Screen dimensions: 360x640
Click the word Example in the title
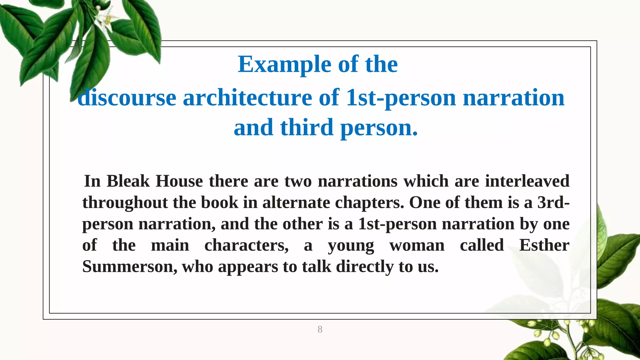(x=284, y=64)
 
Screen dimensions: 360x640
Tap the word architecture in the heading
(x=247, y=98)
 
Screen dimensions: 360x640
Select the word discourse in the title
(x=127, y=98)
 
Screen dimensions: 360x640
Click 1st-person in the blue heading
(x=401, y=98)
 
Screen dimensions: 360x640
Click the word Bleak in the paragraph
(x=128, y=181)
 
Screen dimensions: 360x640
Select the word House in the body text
(x=179, y=181)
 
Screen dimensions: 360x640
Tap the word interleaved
(x=527, y=181)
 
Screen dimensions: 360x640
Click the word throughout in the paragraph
(x=125, y=202)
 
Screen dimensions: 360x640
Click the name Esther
(x=544, y=245)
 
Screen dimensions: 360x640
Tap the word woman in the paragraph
(x=417, y=245)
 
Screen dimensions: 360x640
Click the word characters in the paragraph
(x=246, y=245)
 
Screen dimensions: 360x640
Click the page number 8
(x=320, y=329)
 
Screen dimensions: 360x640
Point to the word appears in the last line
(x=248, y=267)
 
